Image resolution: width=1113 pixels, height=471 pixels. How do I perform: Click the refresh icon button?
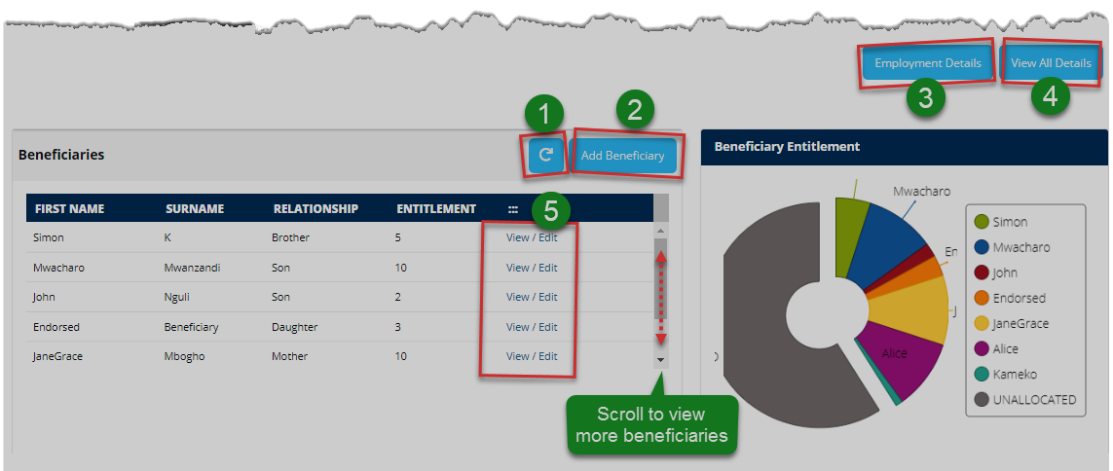click(546, 155)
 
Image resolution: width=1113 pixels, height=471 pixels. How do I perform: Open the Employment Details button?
click(927, 63)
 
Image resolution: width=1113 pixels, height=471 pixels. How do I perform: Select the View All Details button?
click(1051, 63)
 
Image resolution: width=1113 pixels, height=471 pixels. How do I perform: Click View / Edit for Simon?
click(532, 237)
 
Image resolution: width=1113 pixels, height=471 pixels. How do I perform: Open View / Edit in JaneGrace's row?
click(532, 356)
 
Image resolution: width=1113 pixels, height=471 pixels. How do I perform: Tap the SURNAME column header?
click(195, 208)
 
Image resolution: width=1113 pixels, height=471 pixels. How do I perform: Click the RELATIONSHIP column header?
click(315, 208)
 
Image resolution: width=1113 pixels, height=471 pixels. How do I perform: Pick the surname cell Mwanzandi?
click(193, 268)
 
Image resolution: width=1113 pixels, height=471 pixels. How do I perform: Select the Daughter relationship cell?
click(294, 327)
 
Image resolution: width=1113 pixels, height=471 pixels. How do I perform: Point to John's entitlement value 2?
click(398, 297)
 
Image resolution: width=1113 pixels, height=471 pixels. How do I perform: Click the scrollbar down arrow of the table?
click(660, 359)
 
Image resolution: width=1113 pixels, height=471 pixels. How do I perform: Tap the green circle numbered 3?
click(925, 97)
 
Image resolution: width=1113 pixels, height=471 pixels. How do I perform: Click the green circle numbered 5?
click(551, 208)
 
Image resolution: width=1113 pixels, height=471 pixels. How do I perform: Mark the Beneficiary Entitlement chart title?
click(787, 147)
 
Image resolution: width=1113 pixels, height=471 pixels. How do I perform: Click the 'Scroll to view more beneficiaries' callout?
click(651, 425)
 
